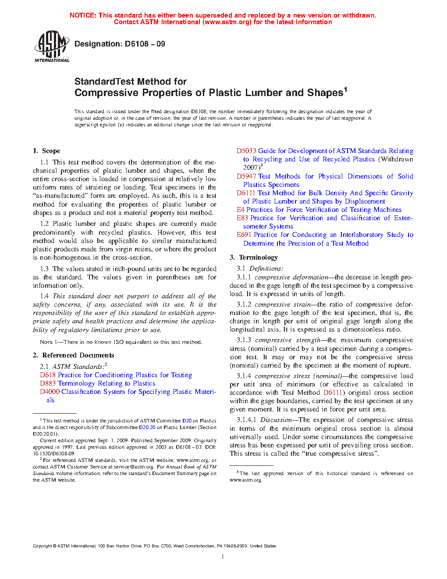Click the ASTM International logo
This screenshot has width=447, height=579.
[x=52, y=46]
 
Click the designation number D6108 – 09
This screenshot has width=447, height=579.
[x=145, y=44]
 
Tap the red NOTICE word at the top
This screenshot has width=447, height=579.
[x=83, y=15]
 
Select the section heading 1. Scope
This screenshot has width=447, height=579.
[x=46, y=151]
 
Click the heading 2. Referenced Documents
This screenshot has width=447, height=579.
[x=73, y=355]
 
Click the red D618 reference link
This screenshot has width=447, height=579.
[x=48, y=375]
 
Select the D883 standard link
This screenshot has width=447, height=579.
[x=48, y=383]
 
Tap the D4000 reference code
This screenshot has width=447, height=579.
[x=50, y=392]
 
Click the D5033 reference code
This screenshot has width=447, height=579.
[x=246, y=151]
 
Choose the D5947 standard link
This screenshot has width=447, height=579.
[x=246, y=176]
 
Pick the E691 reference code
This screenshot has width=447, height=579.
[x=244, y=235]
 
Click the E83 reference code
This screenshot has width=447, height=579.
[x=242, y=218]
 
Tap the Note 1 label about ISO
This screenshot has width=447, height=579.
[x=49, y=342]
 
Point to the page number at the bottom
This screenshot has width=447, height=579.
[x=223, y=557]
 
